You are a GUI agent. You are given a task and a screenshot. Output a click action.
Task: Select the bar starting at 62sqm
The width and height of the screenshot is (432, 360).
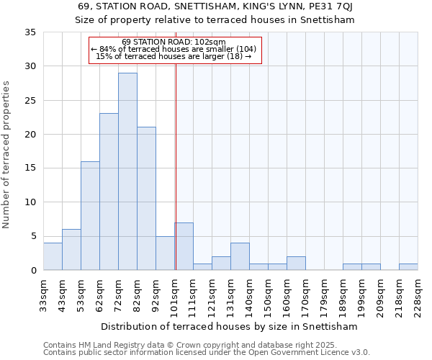pos(109,192)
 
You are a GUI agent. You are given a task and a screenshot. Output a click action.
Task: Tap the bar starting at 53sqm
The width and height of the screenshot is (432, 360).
pos(90,215)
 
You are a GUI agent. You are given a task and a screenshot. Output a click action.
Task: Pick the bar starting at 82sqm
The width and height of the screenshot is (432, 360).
pos(146,199)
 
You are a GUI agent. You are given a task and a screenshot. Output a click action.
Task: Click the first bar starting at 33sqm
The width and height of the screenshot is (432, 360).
pos(53,256)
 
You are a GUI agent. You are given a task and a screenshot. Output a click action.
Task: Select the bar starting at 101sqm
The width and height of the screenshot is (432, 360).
pos(184,246)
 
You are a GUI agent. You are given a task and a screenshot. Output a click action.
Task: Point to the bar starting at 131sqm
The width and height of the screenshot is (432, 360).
pos(240,256)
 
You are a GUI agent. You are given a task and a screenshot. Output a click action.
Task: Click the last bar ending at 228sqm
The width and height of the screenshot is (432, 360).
pos(408,266)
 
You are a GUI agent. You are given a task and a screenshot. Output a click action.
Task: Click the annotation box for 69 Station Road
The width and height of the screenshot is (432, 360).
pos(174,50)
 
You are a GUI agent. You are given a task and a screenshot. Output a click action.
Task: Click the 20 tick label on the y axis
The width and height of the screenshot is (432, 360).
pos(31,135)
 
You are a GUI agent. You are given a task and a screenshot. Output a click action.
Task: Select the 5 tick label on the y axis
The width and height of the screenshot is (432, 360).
pos(34,236)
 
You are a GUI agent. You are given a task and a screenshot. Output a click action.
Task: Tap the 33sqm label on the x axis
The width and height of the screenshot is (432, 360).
pos(43,294)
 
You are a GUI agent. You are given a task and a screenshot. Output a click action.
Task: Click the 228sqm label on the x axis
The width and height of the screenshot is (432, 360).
pos(418,297)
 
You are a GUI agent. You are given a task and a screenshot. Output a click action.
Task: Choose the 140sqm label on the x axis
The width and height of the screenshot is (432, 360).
pos(249,297)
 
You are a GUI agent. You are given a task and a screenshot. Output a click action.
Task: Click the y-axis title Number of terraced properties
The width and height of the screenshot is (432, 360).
pos(7,155)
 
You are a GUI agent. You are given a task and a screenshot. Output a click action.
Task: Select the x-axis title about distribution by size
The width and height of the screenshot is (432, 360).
pos(230,326)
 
